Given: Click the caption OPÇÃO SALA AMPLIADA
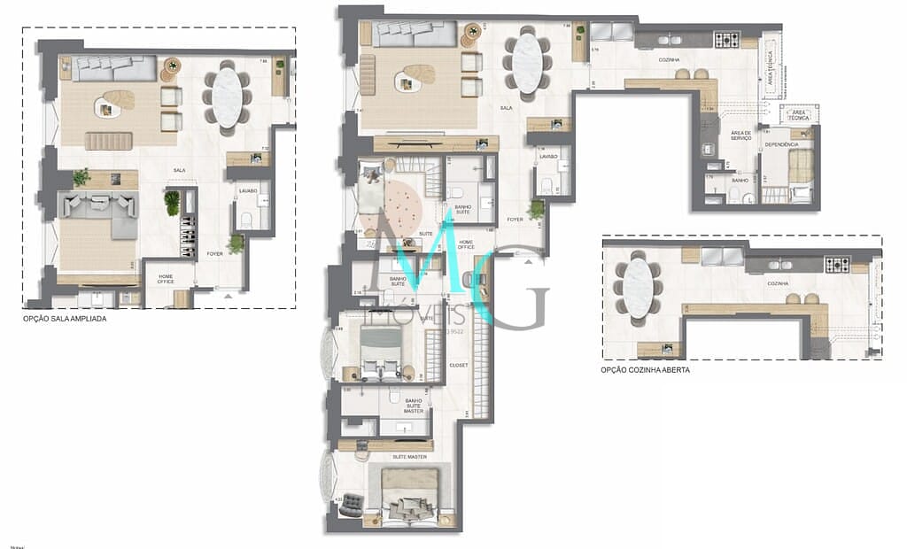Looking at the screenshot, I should pos(65,319).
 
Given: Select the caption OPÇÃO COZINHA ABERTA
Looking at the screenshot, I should pos(645,370).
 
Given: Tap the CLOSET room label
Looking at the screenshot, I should pos(458,365).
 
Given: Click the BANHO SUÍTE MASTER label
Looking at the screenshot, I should pos(414,406).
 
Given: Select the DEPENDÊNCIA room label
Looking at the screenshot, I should pos(781,143).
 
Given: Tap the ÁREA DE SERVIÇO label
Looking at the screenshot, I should pos(740,135).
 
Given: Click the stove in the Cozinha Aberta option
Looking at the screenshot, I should pos(837,263).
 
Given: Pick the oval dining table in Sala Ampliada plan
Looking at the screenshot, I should pos(228,97).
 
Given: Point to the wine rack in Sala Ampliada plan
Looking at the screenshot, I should pos(188,235).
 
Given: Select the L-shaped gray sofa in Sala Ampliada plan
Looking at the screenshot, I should pos(97,213).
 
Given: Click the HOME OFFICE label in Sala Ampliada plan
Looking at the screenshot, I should pos(166,279).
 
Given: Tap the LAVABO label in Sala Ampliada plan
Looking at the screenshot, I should pos(247,190).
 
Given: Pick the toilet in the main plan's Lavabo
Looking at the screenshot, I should pos(547,185).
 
